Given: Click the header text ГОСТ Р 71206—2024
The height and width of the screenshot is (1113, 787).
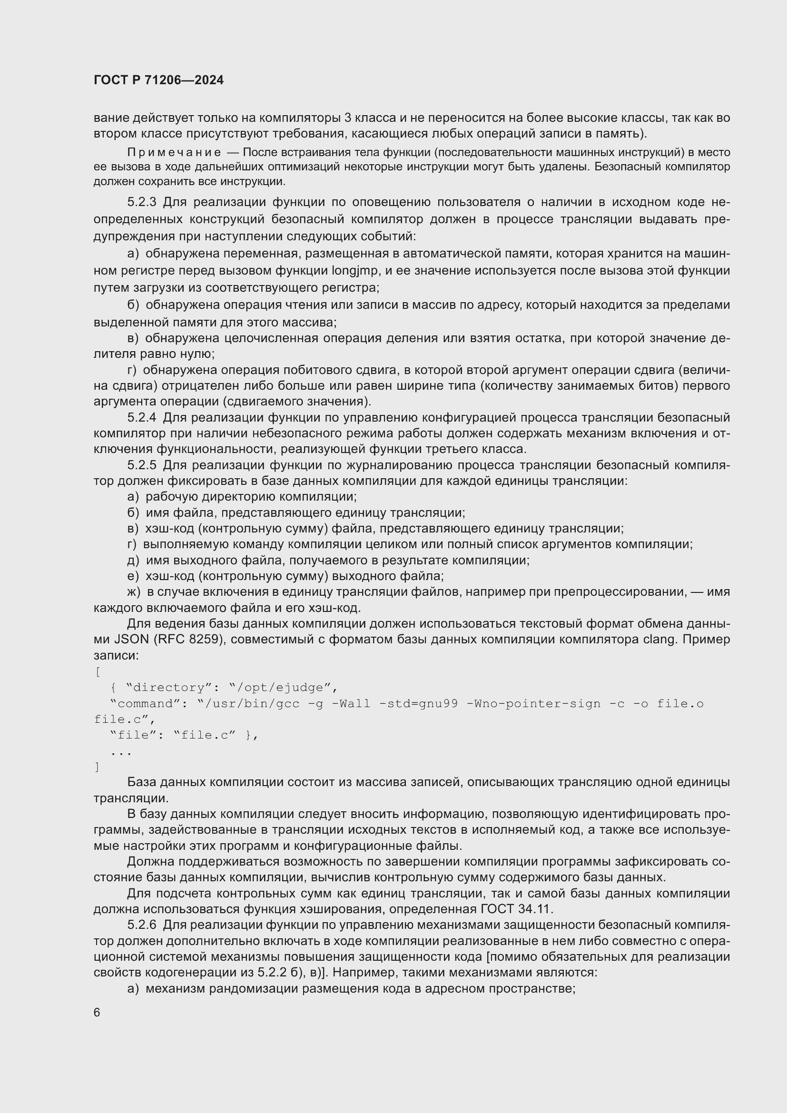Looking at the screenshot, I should tap(158, 80).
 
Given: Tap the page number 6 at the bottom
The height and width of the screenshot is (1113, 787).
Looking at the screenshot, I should tap(97, 1013).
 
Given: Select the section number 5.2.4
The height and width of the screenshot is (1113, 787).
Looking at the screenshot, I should tap(141, 417).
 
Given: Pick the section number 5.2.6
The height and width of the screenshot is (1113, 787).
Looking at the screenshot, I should tap(141, 925).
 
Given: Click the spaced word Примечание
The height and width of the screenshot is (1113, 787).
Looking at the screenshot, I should tap(174, 153).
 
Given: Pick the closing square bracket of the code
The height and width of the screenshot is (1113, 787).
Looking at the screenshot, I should tap(98, 767).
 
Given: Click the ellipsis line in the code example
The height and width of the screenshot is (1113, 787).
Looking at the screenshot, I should tap(121, 752).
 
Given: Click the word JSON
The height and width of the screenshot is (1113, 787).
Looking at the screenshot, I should tap(131, 640).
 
